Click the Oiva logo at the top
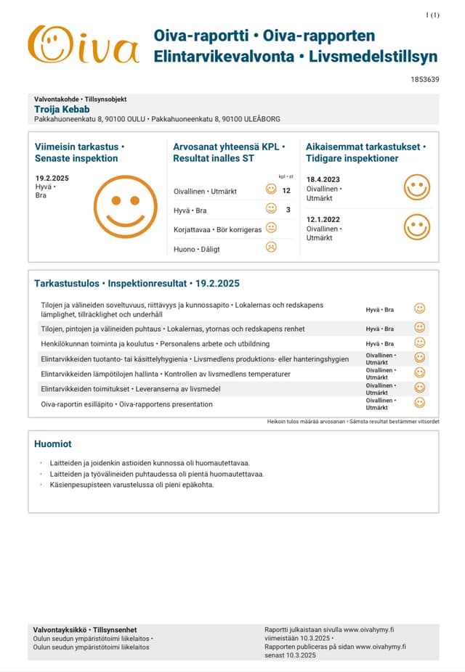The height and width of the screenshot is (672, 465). [x=83, y=45]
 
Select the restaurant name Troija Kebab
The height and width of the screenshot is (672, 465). [x=62, y=109]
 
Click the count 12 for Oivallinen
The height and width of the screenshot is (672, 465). [x=286, y=191]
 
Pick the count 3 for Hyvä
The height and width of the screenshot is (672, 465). [x=288, y=210]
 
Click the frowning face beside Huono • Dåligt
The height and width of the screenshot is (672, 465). [x=271, y=247]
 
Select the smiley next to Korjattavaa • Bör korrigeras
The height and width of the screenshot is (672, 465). [x=271, y=228]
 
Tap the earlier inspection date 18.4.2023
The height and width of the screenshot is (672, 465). [x=323, y=179]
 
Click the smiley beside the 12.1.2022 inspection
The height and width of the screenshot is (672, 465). [x=417, y=226]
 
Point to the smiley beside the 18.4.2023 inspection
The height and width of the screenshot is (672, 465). [x=417, y=187]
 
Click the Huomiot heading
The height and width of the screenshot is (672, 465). [x=53, y=443]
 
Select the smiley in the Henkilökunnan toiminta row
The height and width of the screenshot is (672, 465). [x=419, y=343]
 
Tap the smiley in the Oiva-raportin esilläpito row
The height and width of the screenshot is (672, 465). [x=419, y=402]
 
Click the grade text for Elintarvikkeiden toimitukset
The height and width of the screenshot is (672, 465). [x=381, y=388]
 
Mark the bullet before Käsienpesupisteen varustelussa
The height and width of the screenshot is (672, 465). [x=41, y=485]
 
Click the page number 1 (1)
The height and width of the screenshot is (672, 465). [x=432, y=15]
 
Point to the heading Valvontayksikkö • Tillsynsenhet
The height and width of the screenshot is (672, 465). [x=85, y=629]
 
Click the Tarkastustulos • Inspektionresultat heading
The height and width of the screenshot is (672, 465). [x=137, y=283]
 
